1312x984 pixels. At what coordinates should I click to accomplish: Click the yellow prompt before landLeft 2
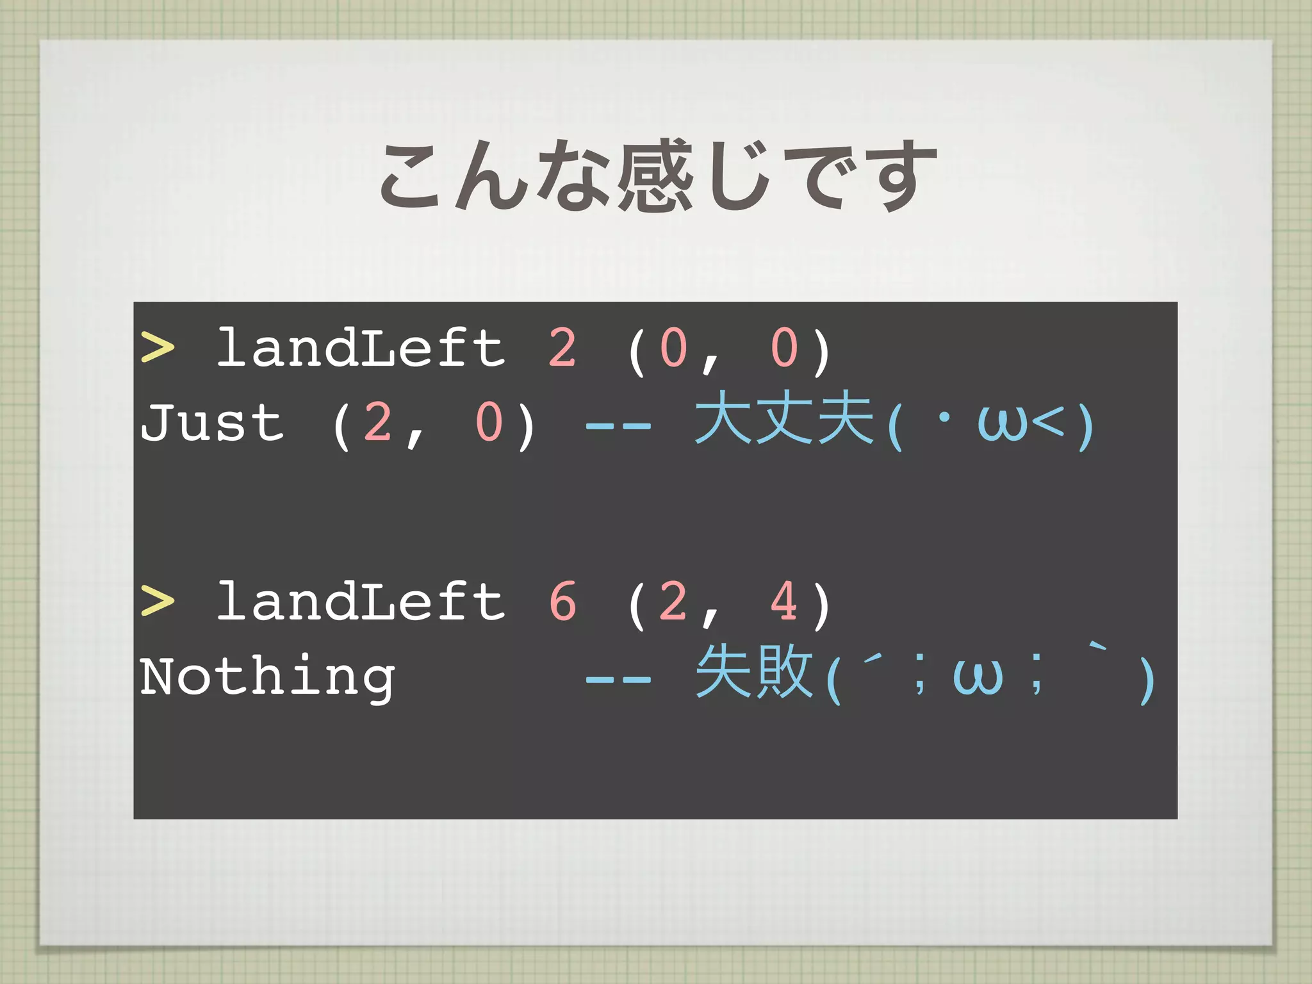pos(158,348)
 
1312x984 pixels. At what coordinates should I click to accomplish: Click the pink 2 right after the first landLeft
pos(562,348)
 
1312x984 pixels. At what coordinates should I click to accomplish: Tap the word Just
pos(212,422)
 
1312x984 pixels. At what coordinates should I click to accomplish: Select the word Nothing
pos(268,676)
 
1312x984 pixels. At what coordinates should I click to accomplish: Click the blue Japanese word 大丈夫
pos(785,420)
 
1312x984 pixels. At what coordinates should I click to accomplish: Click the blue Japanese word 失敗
pos(754,673)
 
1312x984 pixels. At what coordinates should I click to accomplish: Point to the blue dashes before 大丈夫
pos(619,425)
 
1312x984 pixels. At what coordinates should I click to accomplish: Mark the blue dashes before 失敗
pos(619,678)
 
